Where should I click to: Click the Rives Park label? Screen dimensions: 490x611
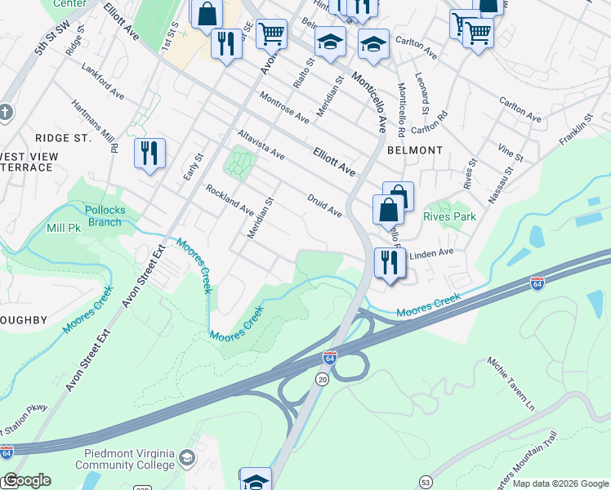coord(449,217)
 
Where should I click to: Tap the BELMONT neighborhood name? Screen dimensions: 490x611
coord(415,150)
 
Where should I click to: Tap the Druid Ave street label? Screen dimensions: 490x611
coord(324,205)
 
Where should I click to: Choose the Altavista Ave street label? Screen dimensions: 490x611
coord(261,144)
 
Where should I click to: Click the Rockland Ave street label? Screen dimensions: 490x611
coord(229,199)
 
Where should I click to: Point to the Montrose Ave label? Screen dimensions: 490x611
coord(284,107)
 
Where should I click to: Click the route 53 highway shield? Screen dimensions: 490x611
coord(426,483)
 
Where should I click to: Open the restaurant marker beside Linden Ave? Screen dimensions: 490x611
coord(388,263)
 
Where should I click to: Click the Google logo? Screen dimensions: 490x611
coord(26,480)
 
